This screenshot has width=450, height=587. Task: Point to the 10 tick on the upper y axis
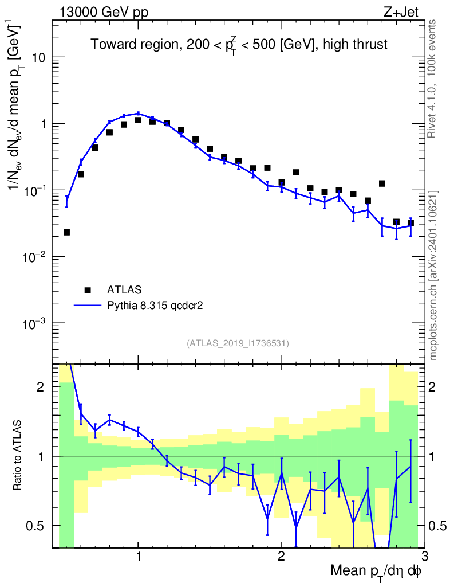click(40, 58)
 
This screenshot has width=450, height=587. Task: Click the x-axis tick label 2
click(281, 556)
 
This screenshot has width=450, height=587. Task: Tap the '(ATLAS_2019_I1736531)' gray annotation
click(238, 343)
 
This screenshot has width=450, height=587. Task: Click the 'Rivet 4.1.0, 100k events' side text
click(433, 79)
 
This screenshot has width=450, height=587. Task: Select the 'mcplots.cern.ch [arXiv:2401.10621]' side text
click(433, 275)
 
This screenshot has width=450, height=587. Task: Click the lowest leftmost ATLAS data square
click(66, 232)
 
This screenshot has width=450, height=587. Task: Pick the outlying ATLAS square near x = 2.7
click(382, 183)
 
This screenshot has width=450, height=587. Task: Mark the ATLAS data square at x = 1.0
click(138, 120)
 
